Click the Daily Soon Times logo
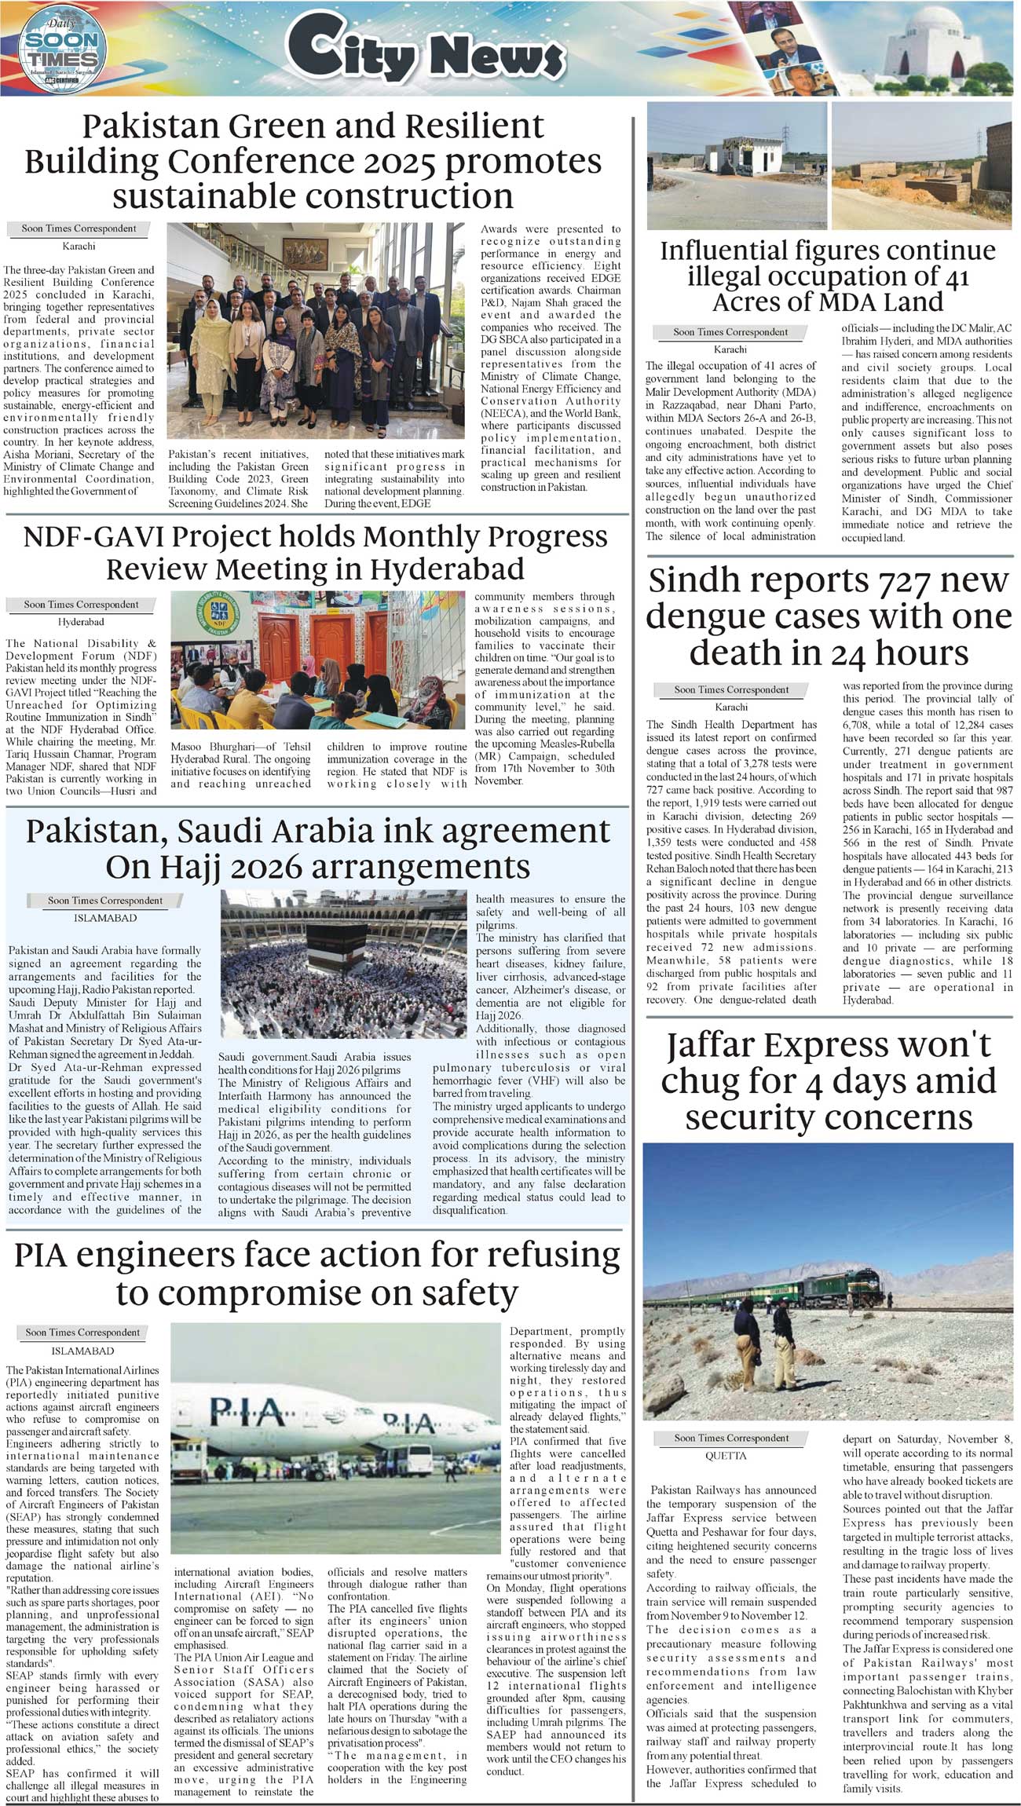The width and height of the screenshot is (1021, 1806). pos(62,48)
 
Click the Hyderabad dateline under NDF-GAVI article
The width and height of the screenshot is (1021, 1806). pos(81,622)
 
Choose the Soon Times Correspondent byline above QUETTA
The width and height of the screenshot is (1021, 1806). pos(731,1438)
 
